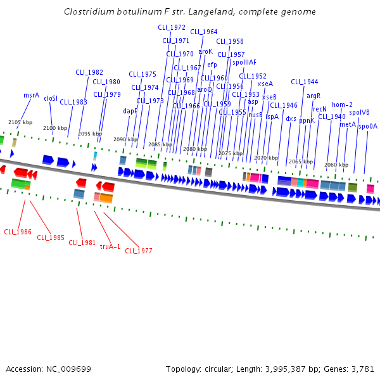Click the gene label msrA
point(32,95)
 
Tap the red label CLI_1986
point(18,232)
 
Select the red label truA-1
point(110,246)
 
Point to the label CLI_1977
point(138,251)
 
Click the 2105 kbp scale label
point(19,122)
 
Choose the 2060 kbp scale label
point(335,165)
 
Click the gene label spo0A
point(368,126)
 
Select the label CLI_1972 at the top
point(172,27)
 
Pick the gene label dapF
point(130,111)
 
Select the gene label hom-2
point(343,104)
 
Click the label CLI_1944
point(305,82)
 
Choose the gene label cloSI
point(51,98)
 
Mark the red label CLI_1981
point(82,242)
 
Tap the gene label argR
point(313,96)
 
